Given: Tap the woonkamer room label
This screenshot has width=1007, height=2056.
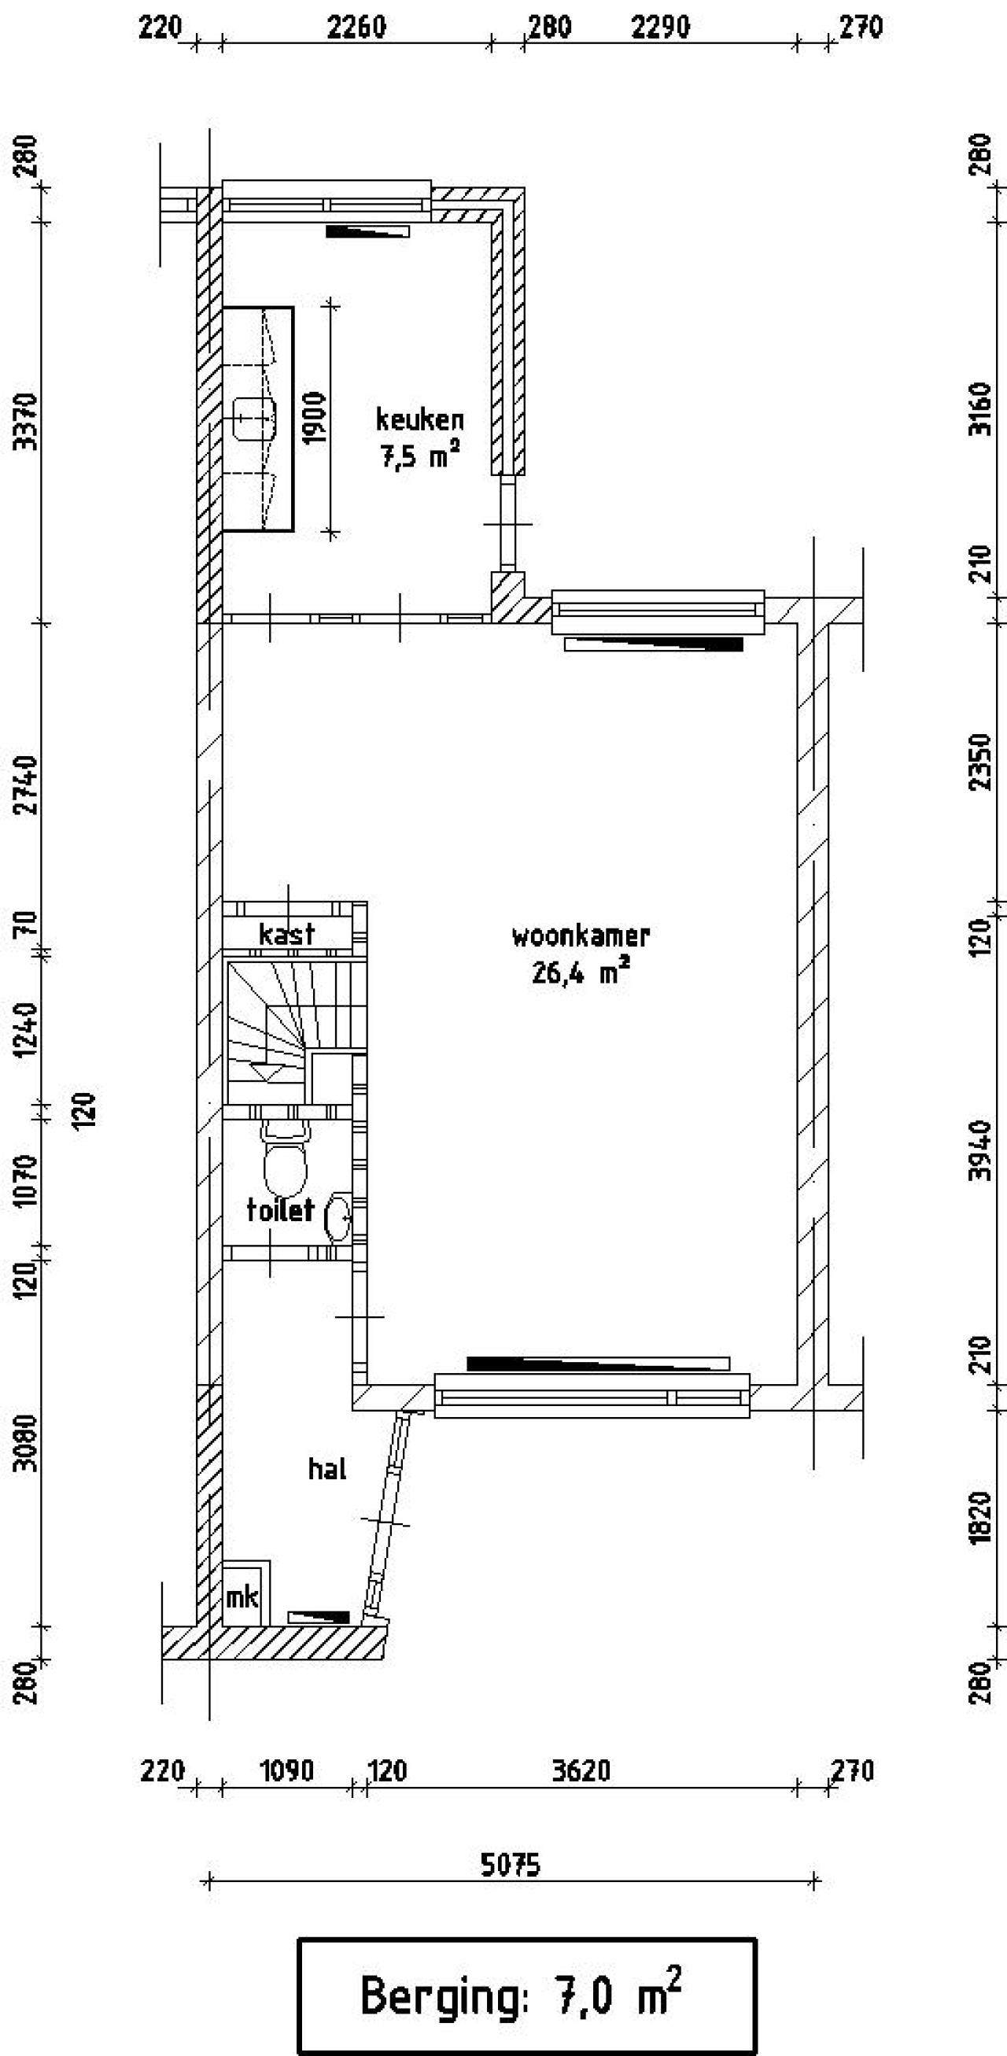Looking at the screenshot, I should coord(580,936).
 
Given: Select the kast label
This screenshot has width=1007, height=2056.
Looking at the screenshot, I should coord(286,933).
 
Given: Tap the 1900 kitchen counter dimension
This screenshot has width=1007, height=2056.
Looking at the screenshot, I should coord(315,419).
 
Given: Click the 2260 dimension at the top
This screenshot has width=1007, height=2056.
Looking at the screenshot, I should coord(356,28).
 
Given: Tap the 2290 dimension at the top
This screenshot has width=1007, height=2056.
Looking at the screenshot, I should coord(660,28).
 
